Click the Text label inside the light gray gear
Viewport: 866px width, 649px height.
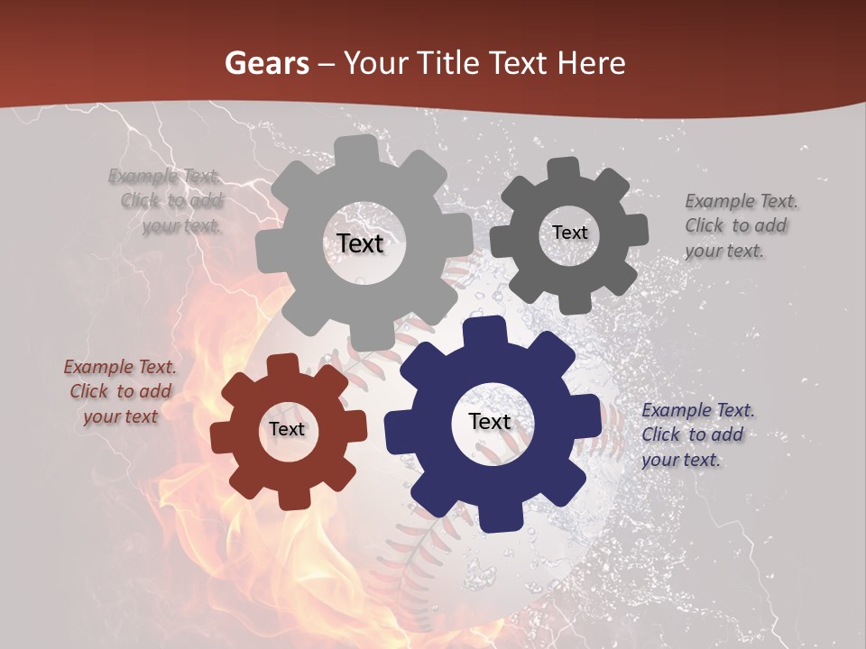(x=361, y=243)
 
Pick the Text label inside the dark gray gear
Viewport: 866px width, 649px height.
(x=570, y=233)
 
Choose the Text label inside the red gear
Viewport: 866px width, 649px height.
(x=287, y=429)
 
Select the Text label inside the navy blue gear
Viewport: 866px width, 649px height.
(x=490, y=421)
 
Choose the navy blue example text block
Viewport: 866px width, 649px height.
(x=696, y=434)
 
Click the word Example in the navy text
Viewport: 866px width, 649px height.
(x=677, y=411)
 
